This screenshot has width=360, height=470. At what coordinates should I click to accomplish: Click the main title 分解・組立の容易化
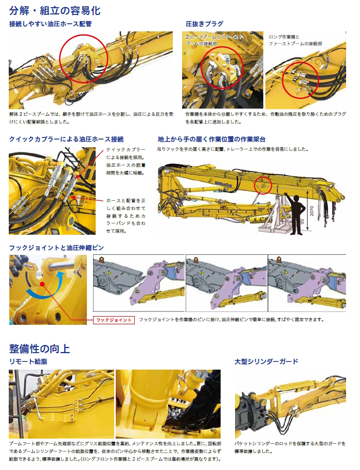click(x=55, y=10)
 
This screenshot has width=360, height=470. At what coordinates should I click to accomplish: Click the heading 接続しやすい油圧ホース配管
click(x=50, y=24)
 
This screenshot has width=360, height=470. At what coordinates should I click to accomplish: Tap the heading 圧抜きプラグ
click(x=205, y=24)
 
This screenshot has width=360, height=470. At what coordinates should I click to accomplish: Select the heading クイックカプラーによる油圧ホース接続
click(x=66, y=139)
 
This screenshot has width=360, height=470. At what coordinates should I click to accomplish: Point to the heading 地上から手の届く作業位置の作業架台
click(x=211, y=139)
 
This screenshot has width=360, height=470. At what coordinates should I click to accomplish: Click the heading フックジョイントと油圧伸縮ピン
click(x=56, y=248)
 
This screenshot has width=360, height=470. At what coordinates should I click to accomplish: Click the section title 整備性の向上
click(x=40, y=349)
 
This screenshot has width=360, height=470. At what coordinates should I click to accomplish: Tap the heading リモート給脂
click(x=28, y=361)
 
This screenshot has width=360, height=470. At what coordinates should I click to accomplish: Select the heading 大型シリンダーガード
click(x=266, y=361)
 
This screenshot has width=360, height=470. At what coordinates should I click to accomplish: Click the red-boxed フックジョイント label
click(x=114, y=320)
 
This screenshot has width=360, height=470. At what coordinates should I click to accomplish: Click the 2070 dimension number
click(x=312, y=211)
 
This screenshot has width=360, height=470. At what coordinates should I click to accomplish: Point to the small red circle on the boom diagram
click(x=263, y=185)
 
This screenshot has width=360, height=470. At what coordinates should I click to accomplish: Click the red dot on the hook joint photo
click(x=42, y=284)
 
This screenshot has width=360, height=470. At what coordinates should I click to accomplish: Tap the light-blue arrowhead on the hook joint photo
click(x=61, y=275)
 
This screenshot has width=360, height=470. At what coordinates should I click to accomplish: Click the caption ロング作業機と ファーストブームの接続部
click(x=295, y=40)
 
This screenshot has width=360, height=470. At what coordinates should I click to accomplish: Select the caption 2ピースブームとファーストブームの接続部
click(x=214, y=40)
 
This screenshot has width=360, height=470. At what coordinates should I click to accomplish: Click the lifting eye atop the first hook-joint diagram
click(x=102, y=258)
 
